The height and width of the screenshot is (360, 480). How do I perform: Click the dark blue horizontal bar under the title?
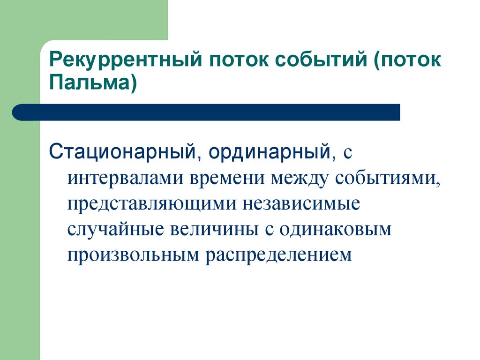pos(211,112)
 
